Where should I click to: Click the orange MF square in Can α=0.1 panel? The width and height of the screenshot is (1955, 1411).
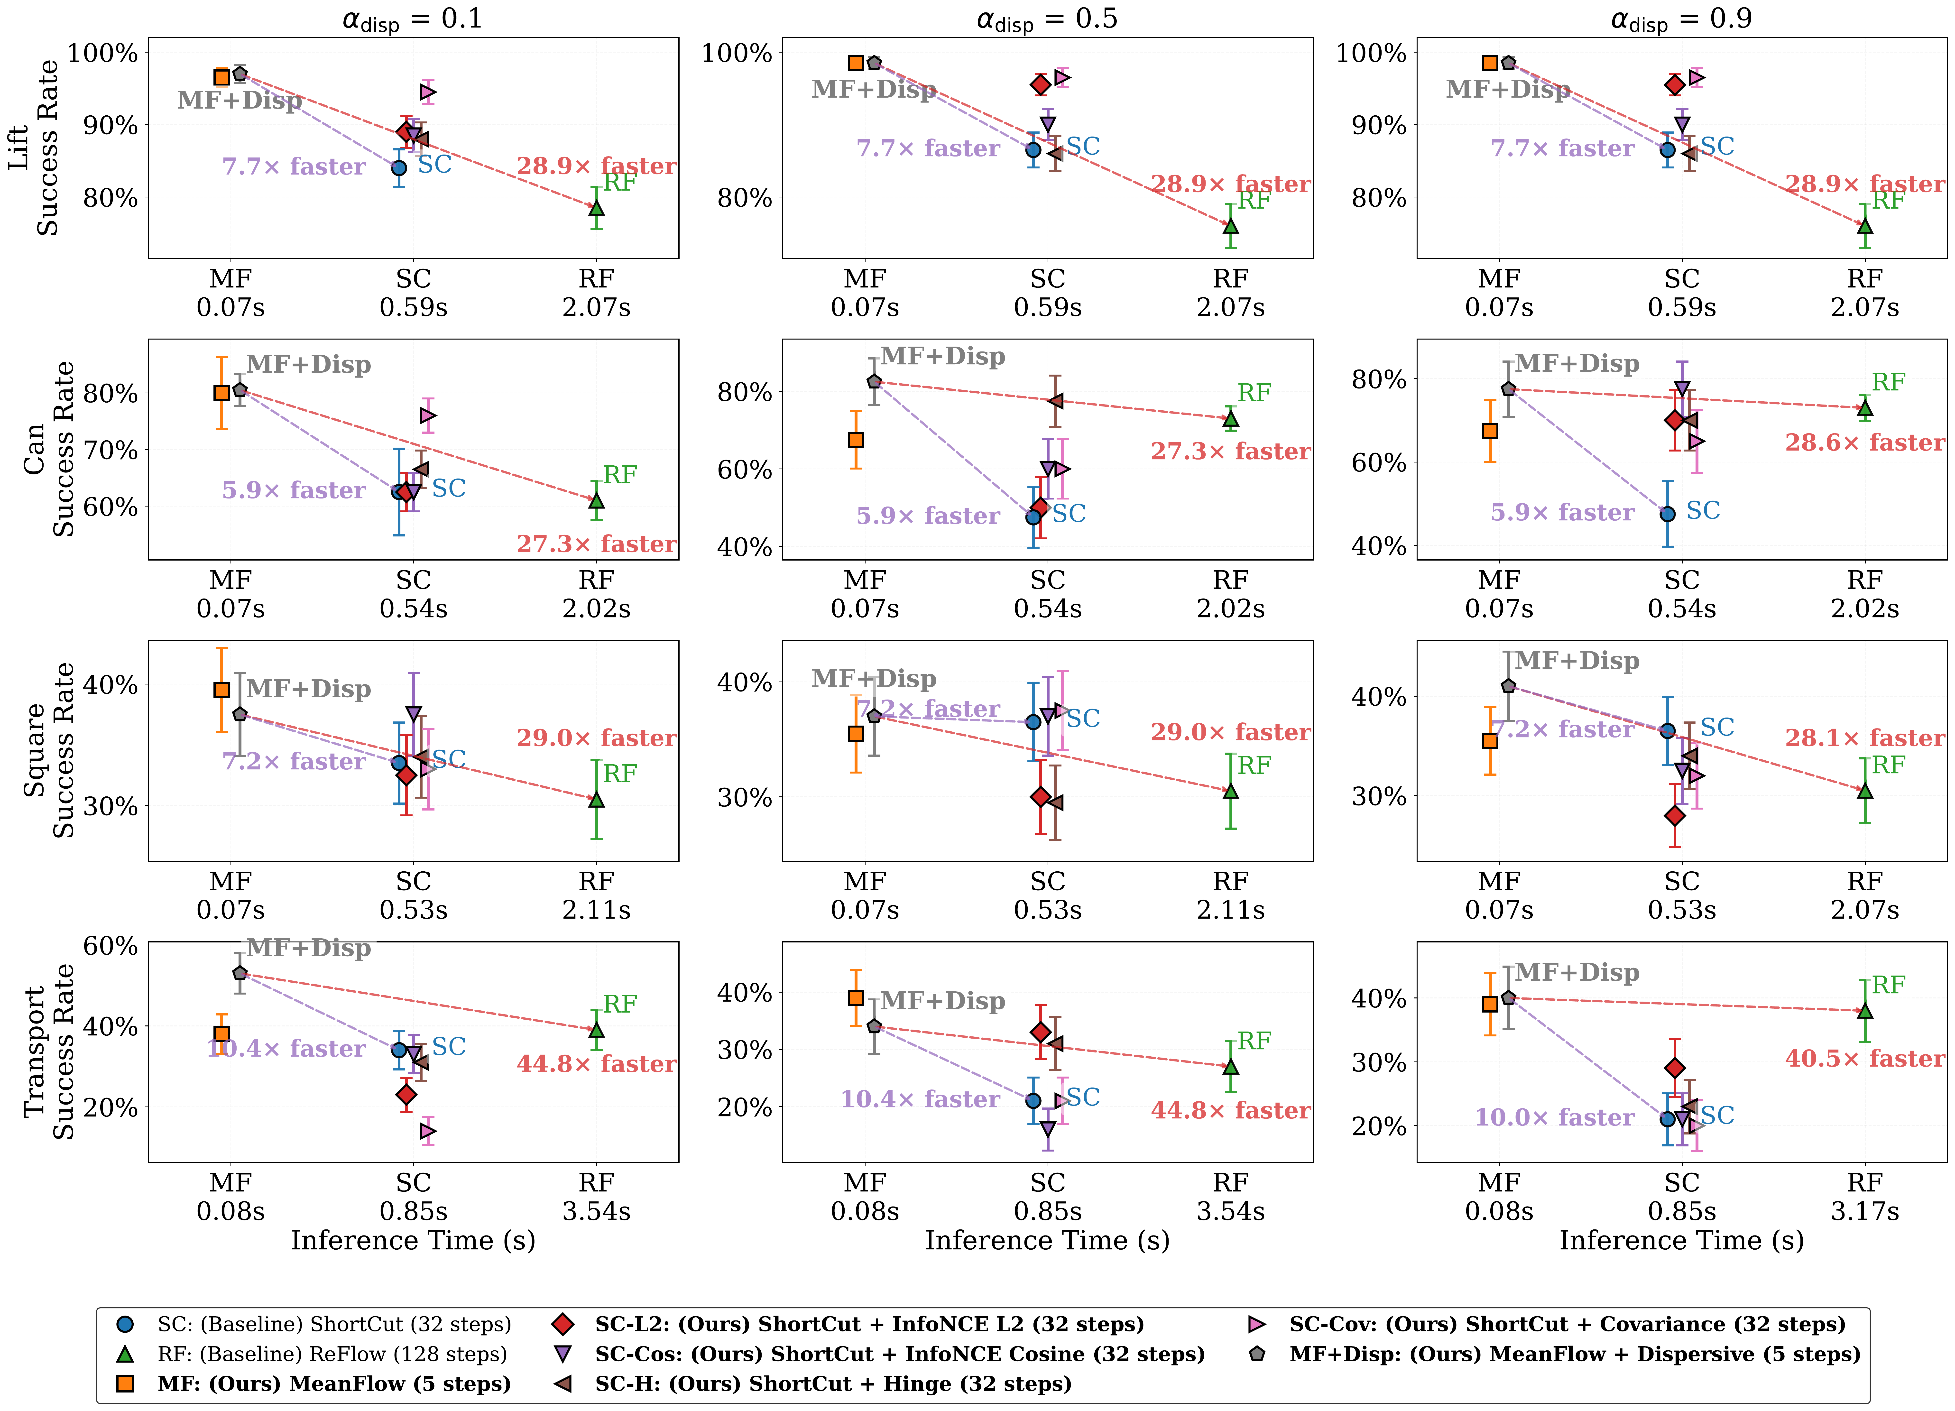pyautogui.click(x=221, y=393)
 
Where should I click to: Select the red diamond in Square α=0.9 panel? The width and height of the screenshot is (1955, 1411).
pyautogui.click(x=1674, y=815)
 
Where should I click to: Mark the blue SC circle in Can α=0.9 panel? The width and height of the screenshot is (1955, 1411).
pyautogui.click(x=1667, y=514)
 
